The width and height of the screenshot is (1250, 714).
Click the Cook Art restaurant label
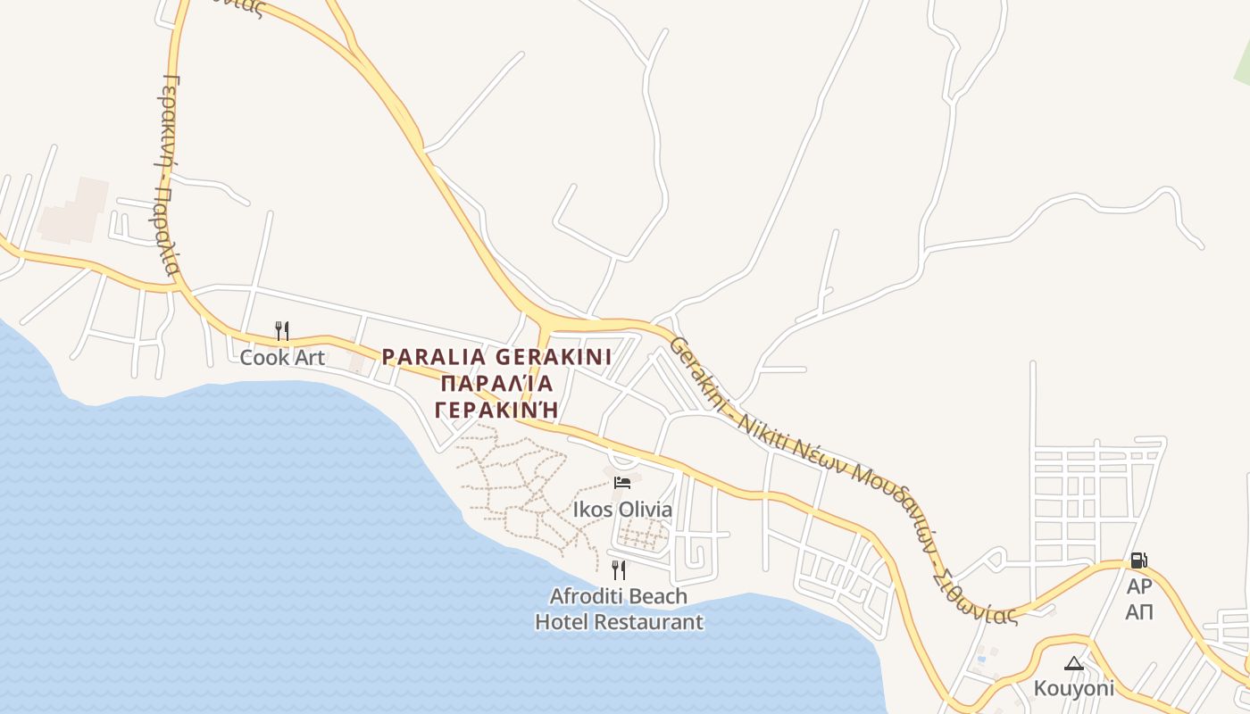(282, 357)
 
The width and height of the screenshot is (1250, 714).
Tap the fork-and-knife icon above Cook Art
(282, 331)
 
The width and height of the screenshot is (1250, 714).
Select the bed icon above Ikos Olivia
(622, 483)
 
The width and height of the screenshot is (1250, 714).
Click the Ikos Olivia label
(622, 510)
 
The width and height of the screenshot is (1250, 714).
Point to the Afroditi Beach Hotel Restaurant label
(619, 609)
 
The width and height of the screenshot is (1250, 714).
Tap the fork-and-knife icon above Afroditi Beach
(619, 569)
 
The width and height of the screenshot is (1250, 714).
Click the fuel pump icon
(1138, 560)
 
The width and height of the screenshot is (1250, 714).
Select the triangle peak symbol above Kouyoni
(1074, 663)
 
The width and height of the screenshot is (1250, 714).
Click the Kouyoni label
(1074, 688)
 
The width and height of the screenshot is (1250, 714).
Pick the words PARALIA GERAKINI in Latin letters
(496, 357)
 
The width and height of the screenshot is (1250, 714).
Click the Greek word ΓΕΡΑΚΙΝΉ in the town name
(496, 410)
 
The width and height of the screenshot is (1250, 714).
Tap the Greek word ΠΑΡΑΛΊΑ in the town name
(496, 384)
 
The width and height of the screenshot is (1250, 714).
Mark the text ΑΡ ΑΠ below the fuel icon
(1138, 599)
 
